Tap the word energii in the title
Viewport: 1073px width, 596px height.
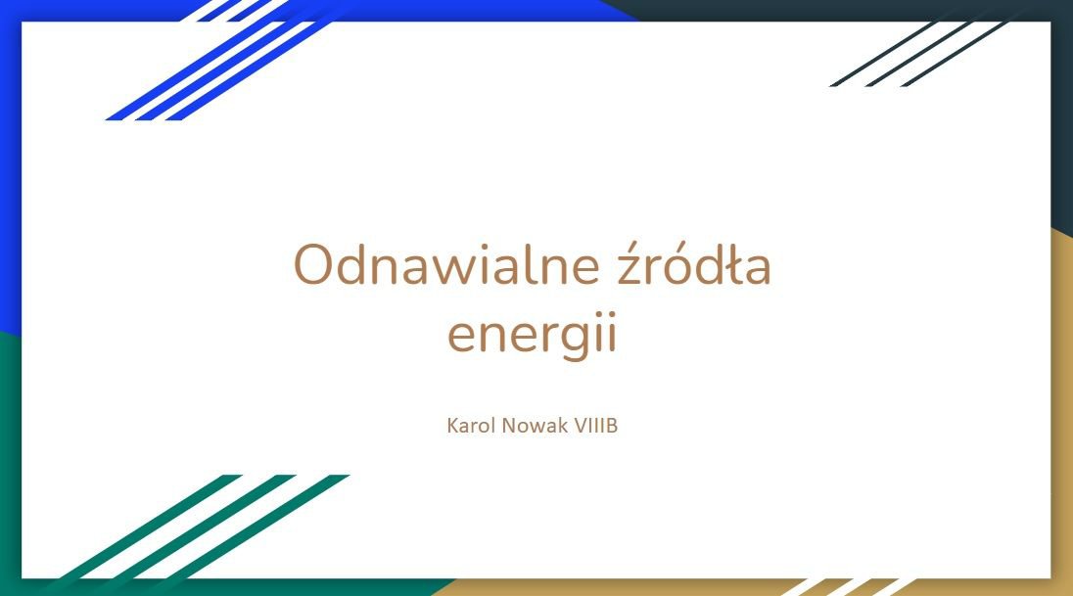(532, 335)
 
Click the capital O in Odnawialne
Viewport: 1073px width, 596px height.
(315, 265)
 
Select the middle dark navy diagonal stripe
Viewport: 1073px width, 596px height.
(918, 54)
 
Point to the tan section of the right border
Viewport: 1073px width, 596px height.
(1062, 411)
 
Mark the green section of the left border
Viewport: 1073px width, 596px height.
(10, 464)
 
